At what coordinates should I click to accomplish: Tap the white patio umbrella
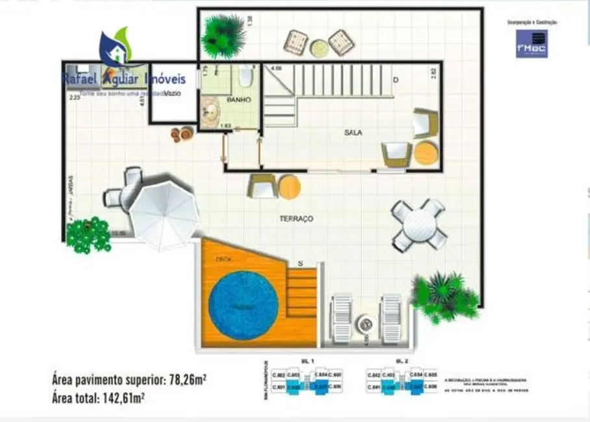(163, 215)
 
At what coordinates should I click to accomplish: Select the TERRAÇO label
(296, 219)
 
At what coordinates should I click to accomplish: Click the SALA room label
(353, 132)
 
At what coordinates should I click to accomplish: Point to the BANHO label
(238, 100)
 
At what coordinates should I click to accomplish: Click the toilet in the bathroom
(245, 79)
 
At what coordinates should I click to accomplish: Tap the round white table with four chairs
(419, 225)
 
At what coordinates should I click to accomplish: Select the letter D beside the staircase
(395, 80)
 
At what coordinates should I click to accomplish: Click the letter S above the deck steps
(300, 263)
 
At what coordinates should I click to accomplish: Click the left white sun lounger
(341, 319)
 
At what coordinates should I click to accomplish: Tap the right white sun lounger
(391, 317)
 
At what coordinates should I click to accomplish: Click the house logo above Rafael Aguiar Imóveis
(115, 49)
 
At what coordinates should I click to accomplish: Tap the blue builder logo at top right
(532, 43)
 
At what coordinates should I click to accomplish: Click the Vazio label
(173, 93)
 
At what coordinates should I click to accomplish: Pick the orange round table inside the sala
(426, 154)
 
